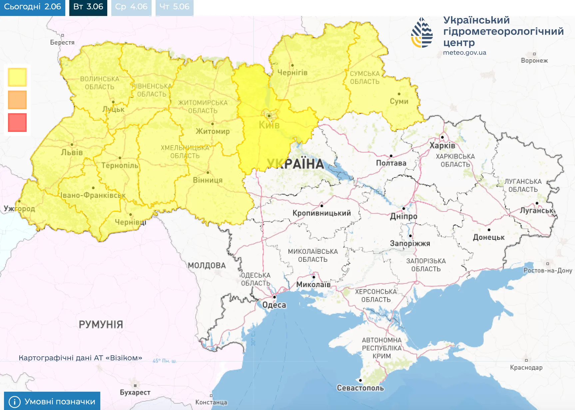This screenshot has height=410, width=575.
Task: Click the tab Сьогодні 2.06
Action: pos(32,7)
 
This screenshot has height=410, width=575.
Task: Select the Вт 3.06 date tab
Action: pos(88,7)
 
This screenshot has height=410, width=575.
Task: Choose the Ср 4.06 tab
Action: pos(131,7)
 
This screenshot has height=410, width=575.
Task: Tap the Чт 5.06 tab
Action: pos(174,7)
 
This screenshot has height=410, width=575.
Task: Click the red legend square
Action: pos(17,123)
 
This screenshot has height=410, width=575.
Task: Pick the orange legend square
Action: pos(17,100)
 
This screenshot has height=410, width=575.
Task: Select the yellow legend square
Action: pos(17,77)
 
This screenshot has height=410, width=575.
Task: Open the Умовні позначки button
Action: pos(52,401)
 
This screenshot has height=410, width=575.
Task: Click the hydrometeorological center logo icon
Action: pos(422,33)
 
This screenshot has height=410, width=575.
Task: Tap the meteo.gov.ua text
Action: pos(464,53)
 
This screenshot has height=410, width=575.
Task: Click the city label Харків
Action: pos(442,146)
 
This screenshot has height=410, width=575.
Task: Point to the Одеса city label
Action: pos(274,305)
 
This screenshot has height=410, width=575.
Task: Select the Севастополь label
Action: pos(360,388)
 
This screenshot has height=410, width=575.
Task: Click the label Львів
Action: pos(72,153)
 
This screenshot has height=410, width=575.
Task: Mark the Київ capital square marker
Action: pos(269,116)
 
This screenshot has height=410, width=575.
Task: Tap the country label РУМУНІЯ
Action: pos(101,324)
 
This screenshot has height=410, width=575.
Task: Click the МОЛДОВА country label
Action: pos(207,266)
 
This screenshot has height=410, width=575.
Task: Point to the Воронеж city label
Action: pos(534,61)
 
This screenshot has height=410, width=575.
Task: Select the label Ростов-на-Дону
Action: pos(548,270)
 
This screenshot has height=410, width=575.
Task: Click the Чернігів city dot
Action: pos(292,65)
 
